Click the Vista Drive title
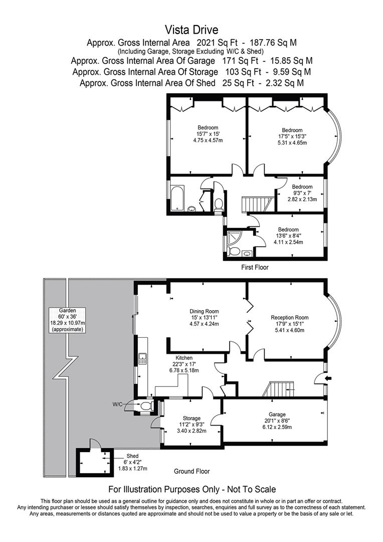(x=192, y=30)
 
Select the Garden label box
(x=67, y=320)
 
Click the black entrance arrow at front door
(x=328, y=378)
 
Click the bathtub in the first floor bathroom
(x=177, y=198)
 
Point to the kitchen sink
(x=142, y=358)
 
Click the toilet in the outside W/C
(x=146, y=405)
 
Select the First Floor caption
(x=255, y=267)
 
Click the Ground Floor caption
(x=192, y=471)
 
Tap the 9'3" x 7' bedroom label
(x=302, y=193)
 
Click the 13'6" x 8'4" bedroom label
(x=288, y=236)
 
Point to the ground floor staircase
(x=278, y=389)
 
